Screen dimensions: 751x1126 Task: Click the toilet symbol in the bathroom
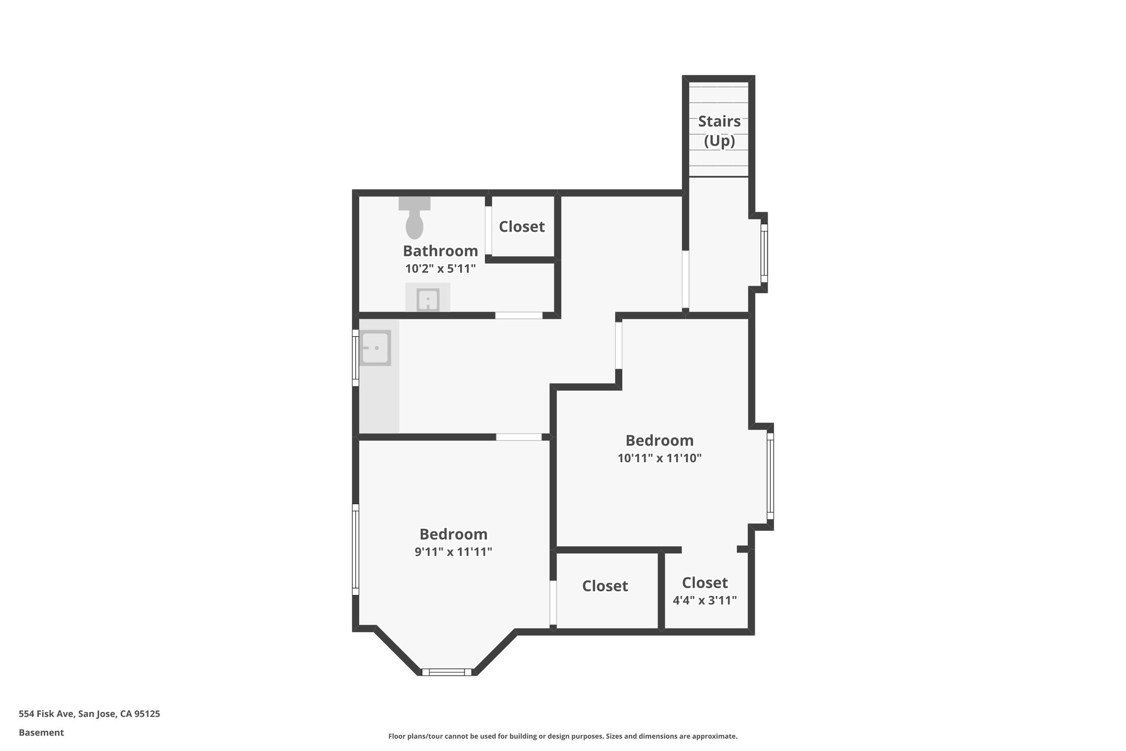[x=414, y=220]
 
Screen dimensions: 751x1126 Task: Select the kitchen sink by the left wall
[x=376, y=348]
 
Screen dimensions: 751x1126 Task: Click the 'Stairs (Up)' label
[x=719, y=131]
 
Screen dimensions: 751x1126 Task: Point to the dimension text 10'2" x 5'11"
[x=440, y=269]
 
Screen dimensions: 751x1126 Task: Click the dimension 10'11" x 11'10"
[x=659, y=458]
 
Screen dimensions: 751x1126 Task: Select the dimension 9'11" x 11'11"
[x=453, y=552]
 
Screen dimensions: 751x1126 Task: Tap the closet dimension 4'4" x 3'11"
[x=704, y=600]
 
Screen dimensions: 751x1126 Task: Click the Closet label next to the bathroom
[x=521, y=227]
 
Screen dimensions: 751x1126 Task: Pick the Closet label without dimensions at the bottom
[x=605, y=586]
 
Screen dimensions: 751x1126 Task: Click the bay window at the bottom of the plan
[x=446, y=672]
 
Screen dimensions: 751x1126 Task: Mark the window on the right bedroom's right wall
[x=770, y=476]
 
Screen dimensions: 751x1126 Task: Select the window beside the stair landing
[x=764, y=253]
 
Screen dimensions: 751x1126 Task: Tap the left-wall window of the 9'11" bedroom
[x=356, y=550]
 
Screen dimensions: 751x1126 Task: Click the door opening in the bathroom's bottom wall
[x=518, y=315]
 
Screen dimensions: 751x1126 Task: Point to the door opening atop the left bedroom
[x=518, y=437]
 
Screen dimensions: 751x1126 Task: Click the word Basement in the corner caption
[x=41, y=732]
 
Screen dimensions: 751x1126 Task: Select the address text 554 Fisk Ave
[x=89, y=714]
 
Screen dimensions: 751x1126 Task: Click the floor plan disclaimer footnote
[x=562, y=736]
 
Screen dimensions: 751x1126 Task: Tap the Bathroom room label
[x=440, y=251]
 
